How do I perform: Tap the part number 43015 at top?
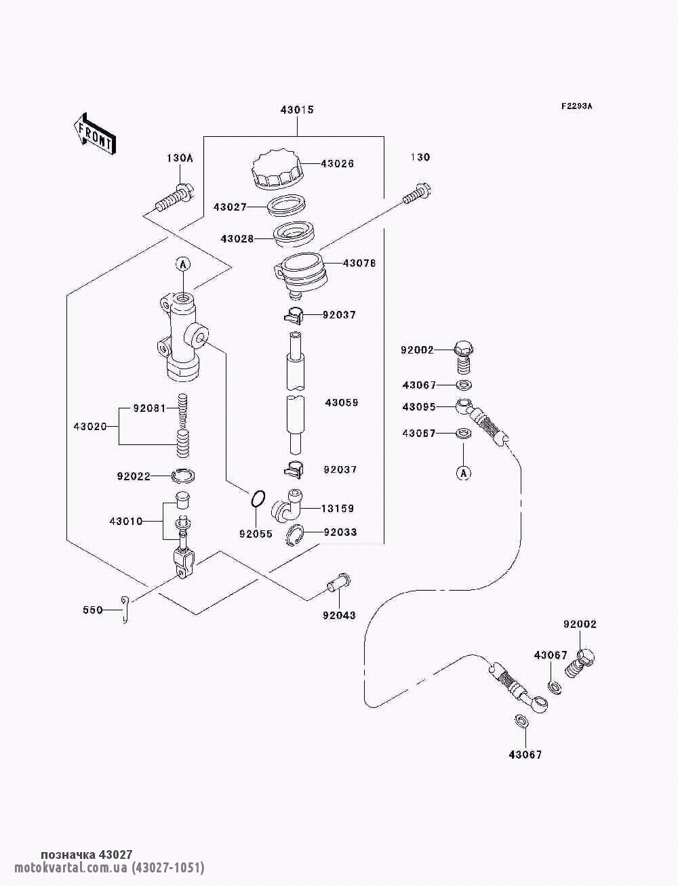coord(297,110)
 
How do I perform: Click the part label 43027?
coord(231,207)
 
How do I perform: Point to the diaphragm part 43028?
coord(293,234)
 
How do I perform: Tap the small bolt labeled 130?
coord(416,192)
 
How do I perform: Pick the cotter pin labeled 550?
coord(124,608)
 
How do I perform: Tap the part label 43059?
coord(341,402)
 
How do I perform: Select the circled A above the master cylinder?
coord(182,263)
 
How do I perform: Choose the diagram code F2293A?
coord(576,106)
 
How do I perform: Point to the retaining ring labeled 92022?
coord(184,476)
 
